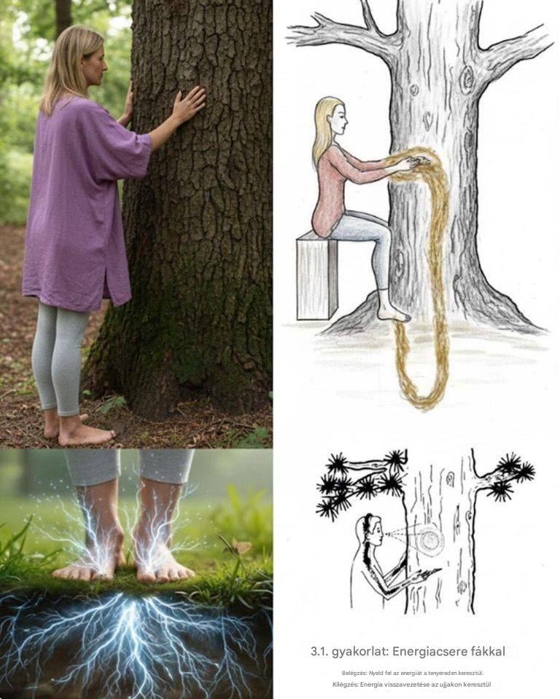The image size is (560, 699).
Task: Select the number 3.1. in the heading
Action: coord(319,651)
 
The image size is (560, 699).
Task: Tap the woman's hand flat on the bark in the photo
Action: coord(189,104)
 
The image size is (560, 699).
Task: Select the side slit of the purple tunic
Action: coord(107,281)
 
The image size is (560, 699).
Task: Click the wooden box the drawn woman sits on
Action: coord(317,277)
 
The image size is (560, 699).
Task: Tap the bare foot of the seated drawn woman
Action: coord(393,312)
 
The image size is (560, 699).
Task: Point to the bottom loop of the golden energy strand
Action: coord(422,397)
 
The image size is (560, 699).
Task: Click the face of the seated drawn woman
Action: coord(338,118)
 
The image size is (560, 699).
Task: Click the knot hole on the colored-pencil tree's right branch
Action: coord(467,80)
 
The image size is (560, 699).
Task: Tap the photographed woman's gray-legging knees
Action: coord(56,352)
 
